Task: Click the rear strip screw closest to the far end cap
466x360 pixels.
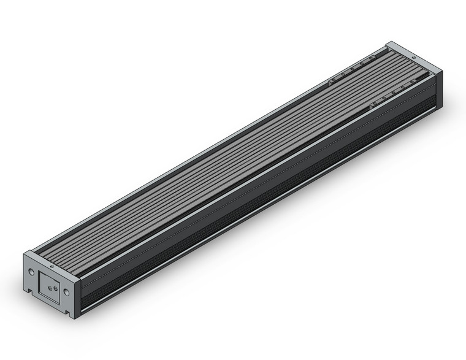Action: tap(371, 60)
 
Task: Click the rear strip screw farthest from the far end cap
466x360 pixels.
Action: tap(332, 80)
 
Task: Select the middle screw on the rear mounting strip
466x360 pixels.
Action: tap(351, 71)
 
